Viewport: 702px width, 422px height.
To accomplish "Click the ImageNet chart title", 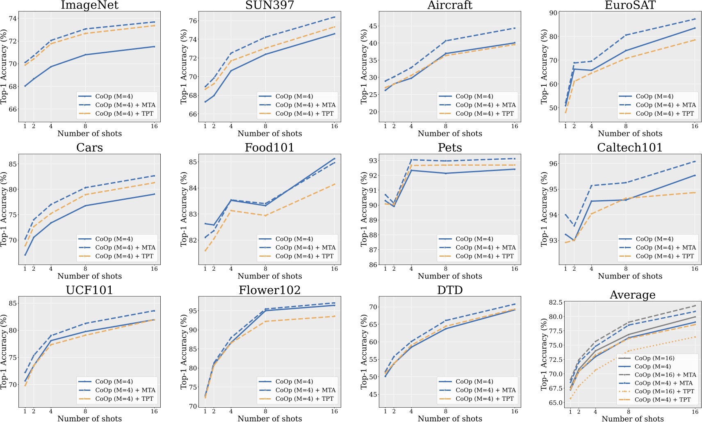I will pyautogui.click(x=89, y=5).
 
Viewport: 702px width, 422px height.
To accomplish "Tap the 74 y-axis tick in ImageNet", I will pyautogui.click(x=13, y=18).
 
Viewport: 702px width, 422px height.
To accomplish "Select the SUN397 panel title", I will pyautogui.click(x=269, y=5).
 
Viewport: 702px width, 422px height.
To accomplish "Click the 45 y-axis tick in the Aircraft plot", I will pyautogui.click(x=373, y=26).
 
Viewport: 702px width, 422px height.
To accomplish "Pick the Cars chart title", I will pyautogui.click(x=89, y=148).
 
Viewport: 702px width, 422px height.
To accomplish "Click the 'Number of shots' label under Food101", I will pyautogui.click(x=269, y=276).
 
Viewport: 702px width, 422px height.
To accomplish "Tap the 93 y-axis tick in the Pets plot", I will pyautogui.click(x=373, y=161).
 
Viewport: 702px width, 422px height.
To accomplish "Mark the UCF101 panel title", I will pyautogui.click(x=89, y=290).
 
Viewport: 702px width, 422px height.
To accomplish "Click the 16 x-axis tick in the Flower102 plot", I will pyautogui.click(x=335, y=411).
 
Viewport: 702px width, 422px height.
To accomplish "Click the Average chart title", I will pyautogui.click(x=632, y=295).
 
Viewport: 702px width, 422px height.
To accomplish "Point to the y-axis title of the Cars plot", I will pyautogui.click(x=4, y=209).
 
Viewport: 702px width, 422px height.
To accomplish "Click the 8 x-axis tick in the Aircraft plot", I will pyautogui.click(x=446, y=126).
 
